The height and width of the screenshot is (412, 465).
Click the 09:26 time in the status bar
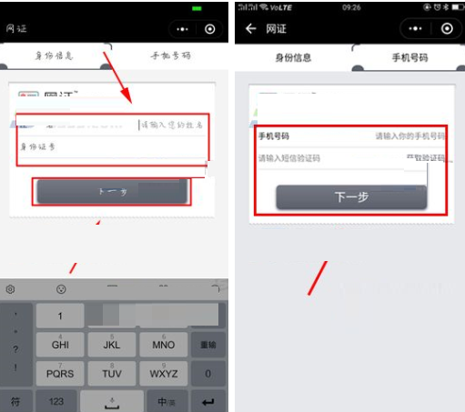350,7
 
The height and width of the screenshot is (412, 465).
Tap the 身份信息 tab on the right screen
293,57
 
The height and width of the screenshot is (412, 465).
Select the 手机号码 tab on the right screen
409,57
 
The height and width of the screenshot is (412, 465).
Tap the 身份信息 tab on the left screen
54,56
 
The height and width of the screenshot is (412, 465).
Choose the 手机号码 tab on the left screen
170,56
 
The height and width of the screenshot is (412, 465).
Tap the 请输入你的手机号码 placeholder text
409,136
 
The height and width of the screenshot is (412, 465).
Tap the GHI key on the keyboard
60,346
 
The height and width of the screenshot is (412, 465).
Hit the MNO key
164,346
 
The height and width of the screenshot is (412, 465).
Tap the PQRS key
60,373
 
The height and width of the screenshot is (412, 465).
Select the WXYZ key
164,373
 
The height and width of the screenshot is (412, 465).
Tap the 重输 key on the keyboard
208,346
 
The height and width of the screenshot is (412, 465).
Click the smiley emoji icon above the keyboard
61,288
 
